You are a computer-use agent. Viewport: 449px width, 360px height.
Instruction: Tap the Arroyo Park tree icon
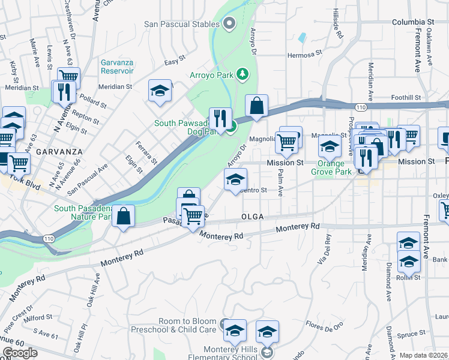(243, 74)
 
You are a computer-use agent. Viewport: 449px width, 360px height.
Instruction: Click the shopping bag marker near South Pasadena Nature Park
(123, 217)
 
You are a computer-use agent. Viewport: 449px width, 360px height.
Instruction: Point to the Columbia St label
(412, 22)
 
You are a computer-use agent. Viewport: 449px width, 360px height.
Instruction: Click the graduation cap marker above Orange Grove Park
(330, 146)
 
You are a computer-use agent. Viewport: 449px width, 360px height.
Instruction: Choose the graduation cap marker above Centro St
(236, 179)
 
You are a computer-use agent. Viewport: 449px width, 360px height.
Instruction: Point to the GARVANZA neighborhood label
(55, 152)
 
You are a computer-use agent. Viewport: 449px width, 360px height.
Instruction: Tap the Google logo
(20, 352)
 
